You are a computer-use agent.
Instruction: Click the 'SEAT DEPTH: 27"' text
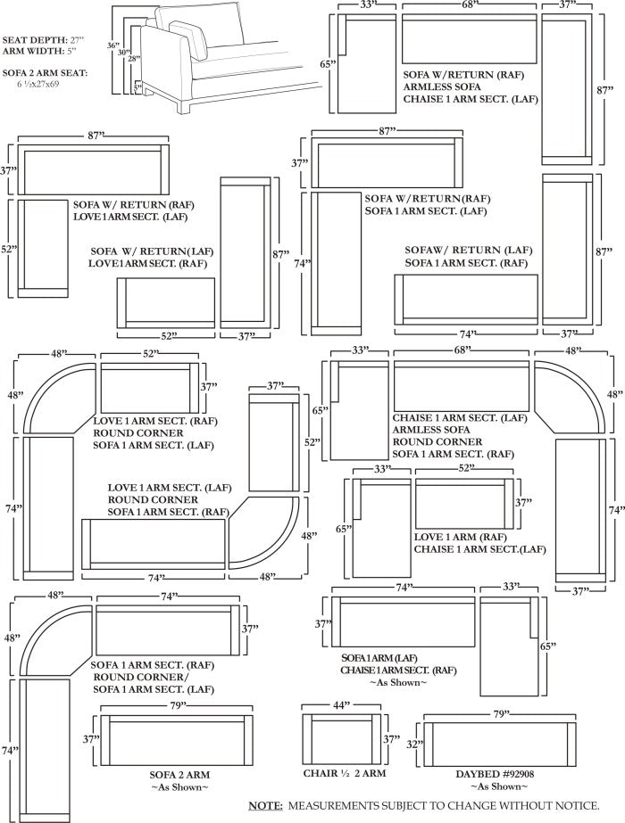click(x=43, y=40)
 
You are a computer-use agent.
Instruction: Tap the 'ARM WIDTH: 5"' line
click(x=39, y=51)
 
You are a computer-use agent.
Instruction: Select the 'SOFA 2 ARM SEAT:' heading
click(x=45, y=73)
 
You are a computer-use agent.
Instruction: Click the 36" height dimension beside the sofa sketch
click(x=113, y=45)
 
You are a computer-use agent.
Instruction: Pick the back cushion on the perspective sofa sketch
click(x=199, y=25)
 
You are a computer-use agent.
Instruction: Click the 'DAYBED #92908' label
click(x=495, y=774)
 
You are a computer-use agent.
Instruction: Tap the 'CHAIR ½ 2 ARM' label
click(x=345, y=773)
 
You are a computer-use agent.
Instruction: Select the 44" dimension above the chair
click(x=342, y=705)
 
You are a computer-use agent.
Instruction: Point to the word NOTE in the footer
click(x=265, y=805)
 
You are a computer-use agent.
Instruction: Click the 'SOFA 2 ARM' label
click(x=179, y=775)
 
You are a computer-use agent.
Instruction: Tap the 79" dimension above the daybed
click(x=502, y=714)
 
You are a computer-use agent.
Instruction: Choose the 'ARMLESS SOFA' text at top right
click(x=442, y=86)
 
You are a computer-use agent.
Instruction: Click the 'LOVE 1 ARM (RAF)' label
click(x=461, y=537)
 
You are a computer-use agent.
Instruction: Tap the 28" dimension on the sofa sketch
click(x=135, y=59)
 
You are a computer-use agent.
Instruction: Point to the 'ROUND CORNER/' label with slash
click(x=140, y=677)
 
